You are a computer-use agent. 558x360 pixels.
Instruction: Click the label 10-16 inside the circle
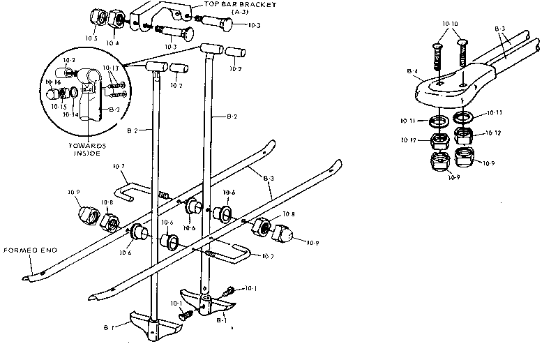53,82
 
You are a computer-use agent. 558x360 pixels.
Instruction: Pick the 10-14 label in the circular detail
70,114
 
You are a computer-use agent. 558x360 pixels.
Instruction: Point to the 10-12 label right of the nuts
492,132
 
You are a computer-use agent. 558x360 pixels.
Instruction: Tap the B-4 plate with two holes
446,87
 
